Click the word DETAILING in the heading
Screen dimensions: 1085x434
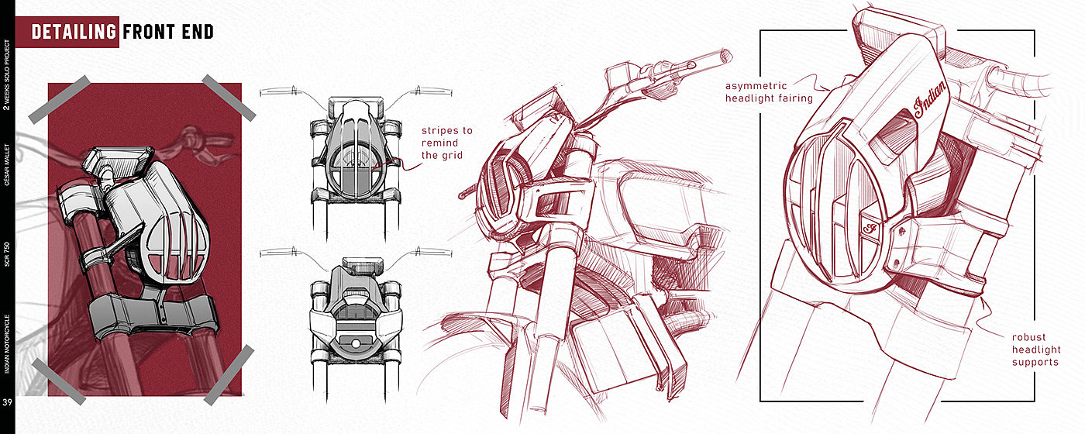click(x=74, y=32)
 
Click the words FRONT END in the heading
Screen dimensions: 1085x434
click(x=168, y=32)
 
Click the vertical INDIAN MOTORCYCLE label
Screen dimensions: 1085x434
click(x=7, y=343)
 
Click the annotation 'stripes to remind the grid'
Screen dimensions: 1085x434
click(x=446, y=143)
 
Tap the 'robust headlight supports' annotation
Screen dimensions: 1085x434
click(x=1035, y=350)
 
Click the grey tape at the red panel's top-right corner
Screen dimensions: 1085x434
click(x=229, y=97)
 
